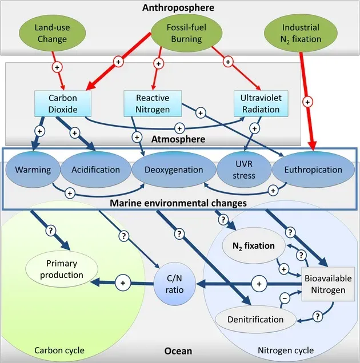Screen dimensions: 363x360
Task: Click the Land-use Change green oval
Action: pyautogui.click(x=51, y=33)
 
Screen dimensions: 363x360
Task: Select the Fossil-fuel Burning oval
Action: pyautogui.click(x=179, y=33)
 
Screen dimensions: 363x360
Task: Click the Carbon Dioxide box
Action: pyautogui.click(x=63, y=103)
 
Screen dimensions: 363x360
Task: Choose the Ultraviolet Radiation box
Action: pyautogui.click(x=257, y=103)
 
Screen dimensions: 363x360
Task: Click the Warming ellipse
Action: pyautogui.click(x=33, y=170)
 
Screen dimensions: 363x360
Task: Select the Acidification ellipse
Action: pyautogui.click(x=95, y=170)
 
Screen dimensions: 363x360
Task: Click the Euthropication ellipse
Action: pyautogui.click(x=307, y=170)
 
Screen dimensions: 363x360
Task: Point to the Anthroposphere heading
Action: pyautogui.click(x=180, y=7)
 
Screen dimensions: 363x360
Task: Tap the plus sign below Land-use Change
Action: pyautogui.click(x=57, y=67)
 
